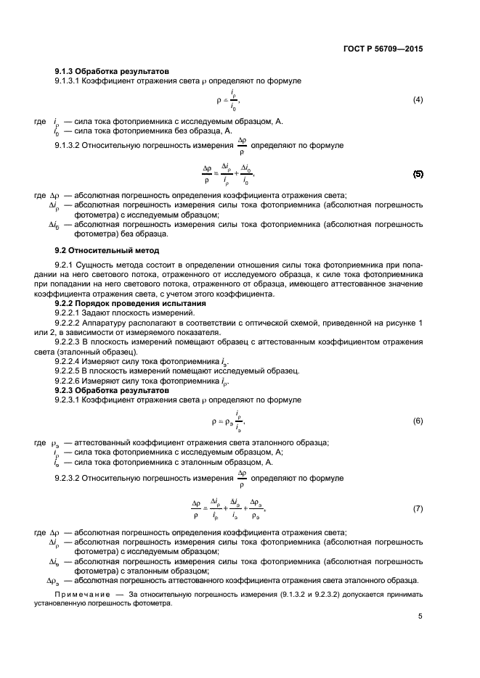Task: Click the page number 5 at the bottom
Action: click(420, 616)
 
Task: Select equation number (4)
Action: click(418, 99)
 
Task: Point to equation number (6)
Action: click(418, 421)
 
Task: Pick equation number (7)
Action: click(418, 508)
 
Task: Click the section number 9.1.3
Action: click(67, 71)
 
